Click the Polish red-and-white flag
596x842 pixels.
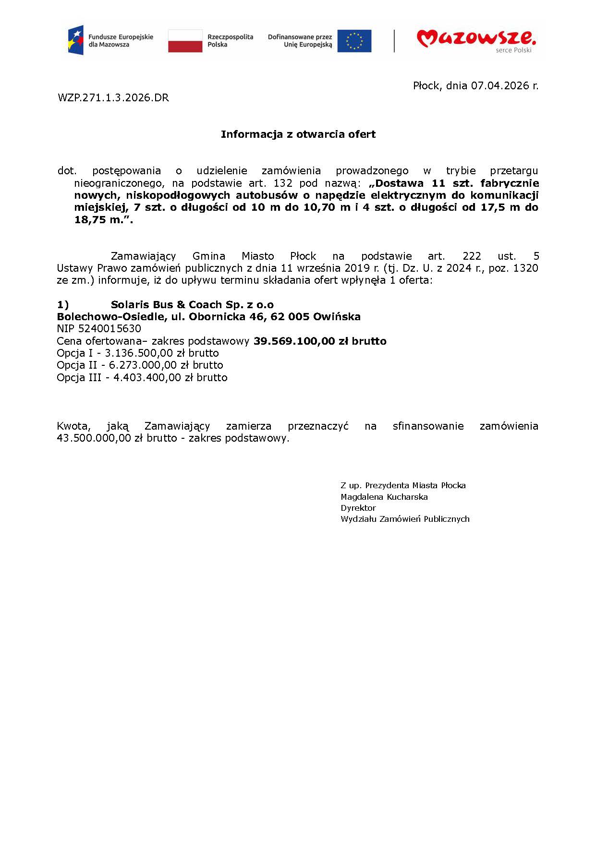[x=185, y=41]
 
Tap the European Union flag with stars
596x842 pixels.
[x=354, y=41]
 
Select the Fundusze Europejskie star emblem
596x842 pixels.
[x=76, y=40]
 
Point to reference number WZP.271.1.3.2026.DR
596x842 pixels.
[x=113, y=98]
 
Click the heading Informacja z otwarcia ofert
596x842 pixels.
[x=298, y=134]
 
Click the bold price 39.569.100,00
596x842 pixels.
[x=294, y=341]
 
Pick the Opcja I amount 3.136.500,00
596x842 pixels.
[x=139, y=353]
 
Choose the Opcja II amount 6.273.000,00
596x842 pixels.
[x=143, y=365]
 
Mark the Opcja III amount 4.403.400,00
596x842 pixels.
[x=147, y=378]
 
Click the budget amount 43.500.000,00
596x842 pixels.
[x=94, y=438]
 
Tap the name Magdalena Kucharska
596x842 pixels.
[x=384, y=497]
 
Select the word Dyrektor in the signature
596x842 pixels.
[x=358, y=508]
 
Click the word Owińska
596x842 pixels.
[x=337, y=317]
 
